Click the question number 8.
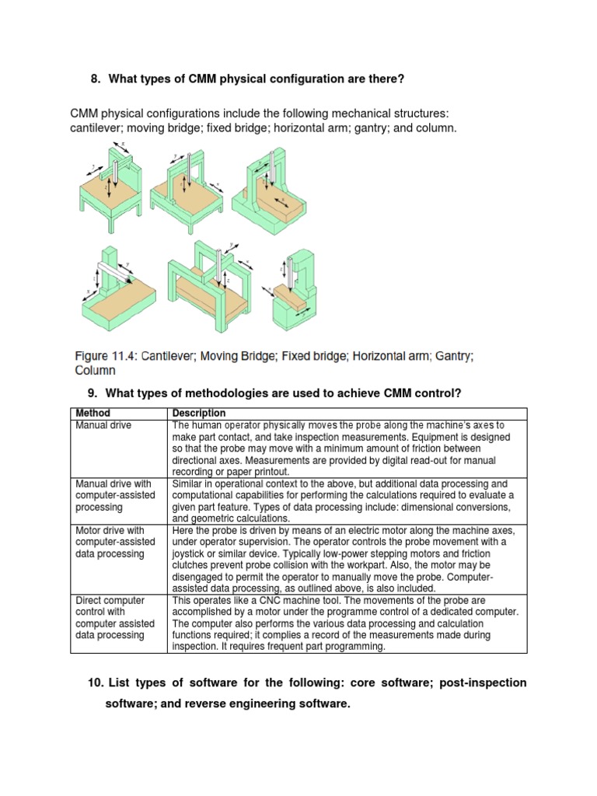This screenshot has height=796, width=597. [96, 79]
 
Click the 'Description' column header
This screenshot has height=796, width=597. [199, 413]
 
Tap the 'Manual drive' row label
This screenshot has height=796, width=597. [103, 425]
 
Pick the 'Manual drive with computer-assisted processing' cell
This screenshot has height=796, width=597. [115, 495]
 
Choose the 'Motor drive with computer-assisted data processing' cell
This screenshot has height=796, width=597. [115, 542]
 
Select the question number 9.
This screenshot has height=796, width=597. [96, 394]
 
